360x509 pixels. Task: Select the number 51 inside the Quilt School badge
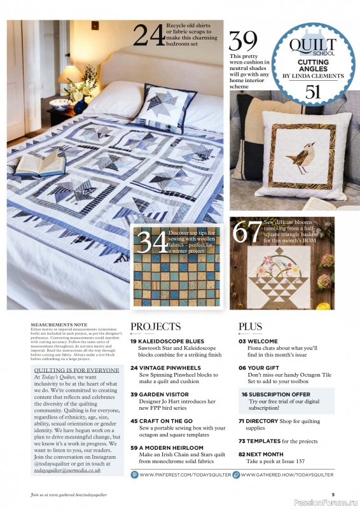click(312, 92)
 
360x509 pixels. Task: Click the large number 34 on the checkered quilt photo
click(153, 242)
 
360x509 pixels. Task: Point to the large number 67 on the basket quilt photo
click(246, 232)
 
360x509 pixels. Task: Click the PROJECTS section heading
click(155, 326)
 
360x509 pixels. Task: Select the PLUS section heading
click(250, 326)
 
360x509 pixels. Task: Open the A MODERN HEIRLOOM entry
click(163, 448)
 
